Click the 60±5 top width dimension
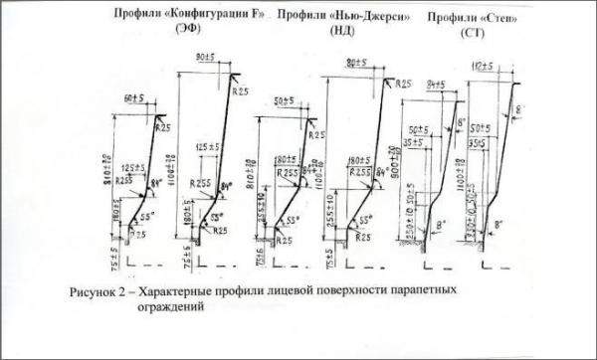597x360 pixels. (137, 98)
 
